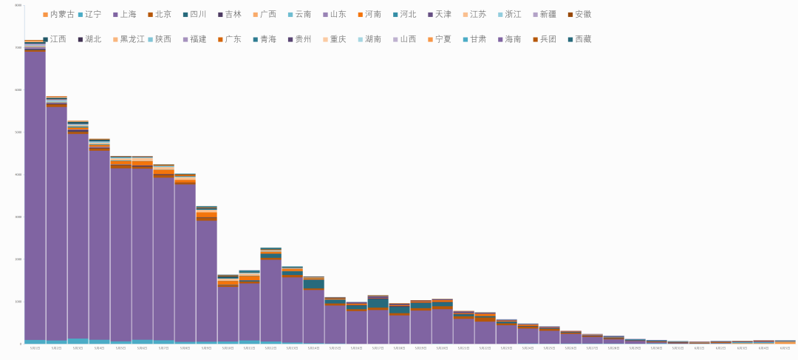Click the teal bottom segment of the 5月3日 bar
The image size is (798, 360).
(x=78, y=342)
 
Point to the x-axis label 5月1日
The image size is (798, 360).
(x=35, y=348)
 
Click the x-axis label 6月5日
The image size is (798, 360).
(x=785, y=348)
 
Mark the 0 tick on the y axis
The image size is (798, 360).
(x=20, y=344)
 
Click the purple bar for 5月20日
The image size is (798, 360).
(x=442, y=326)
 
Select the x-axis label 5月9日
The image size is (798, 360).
(x=206, y=348)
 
